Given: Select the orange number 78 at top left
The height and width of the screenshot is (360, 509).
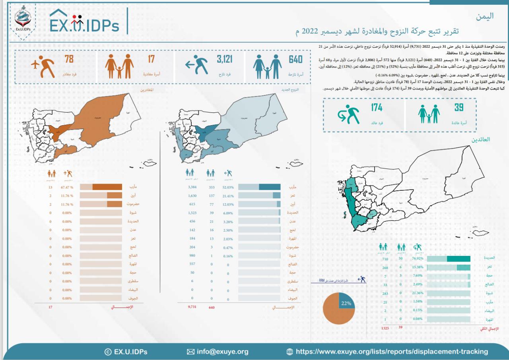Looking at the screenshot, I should [69, 60].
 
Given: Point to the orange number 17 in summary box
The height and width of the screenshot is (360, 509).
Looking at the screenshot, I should [151, 60].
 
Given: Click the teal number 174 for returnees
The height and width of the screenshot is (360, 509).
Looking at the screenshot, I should [377, 107].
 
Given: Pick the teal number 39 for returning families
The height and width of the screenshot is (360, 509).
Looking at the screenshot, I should [459, 107].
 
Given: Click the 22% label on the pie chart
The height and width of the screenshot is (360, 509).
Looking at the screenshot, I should [346, 303].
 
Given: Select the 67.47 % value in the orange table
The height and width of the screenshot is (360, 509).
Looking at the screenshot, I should [67, 187].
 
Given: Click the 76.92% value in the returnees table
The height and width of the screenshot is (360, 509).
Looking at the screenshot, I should [417, 258].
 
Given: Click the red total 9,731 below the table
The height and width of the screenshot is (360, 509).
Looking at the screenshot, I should [192, 308].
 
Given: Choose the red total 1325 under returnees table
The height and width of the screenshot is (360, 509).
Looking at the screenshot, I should [385, 328].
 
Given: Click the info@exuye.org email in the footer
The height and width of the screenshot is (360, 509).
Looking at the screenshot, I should [218, 352].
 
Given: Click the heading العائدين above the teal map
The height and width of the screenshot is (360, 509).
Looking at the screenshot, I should [481, 140].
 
